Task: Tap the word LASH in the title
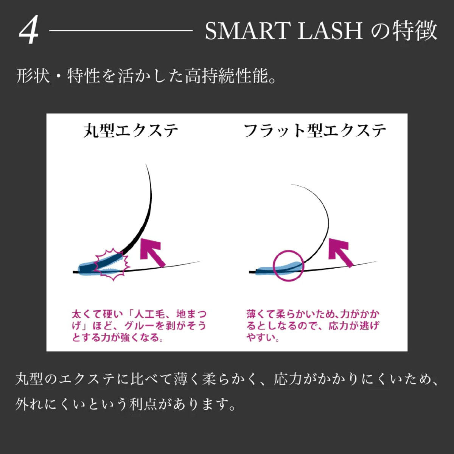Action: point(330,31)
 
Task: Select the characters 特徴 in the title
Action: point(415,31)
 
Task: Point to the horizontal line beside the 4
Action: point(121,30)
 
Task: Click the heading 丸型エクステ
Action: point(131,131)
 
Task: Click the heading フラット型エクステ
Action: point(315,131)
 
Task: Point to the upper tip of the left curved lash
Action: point(146,164)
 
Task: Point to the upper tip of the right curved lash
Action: point(292,184)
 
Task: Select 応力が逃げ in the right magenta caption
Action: point(354,326)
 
